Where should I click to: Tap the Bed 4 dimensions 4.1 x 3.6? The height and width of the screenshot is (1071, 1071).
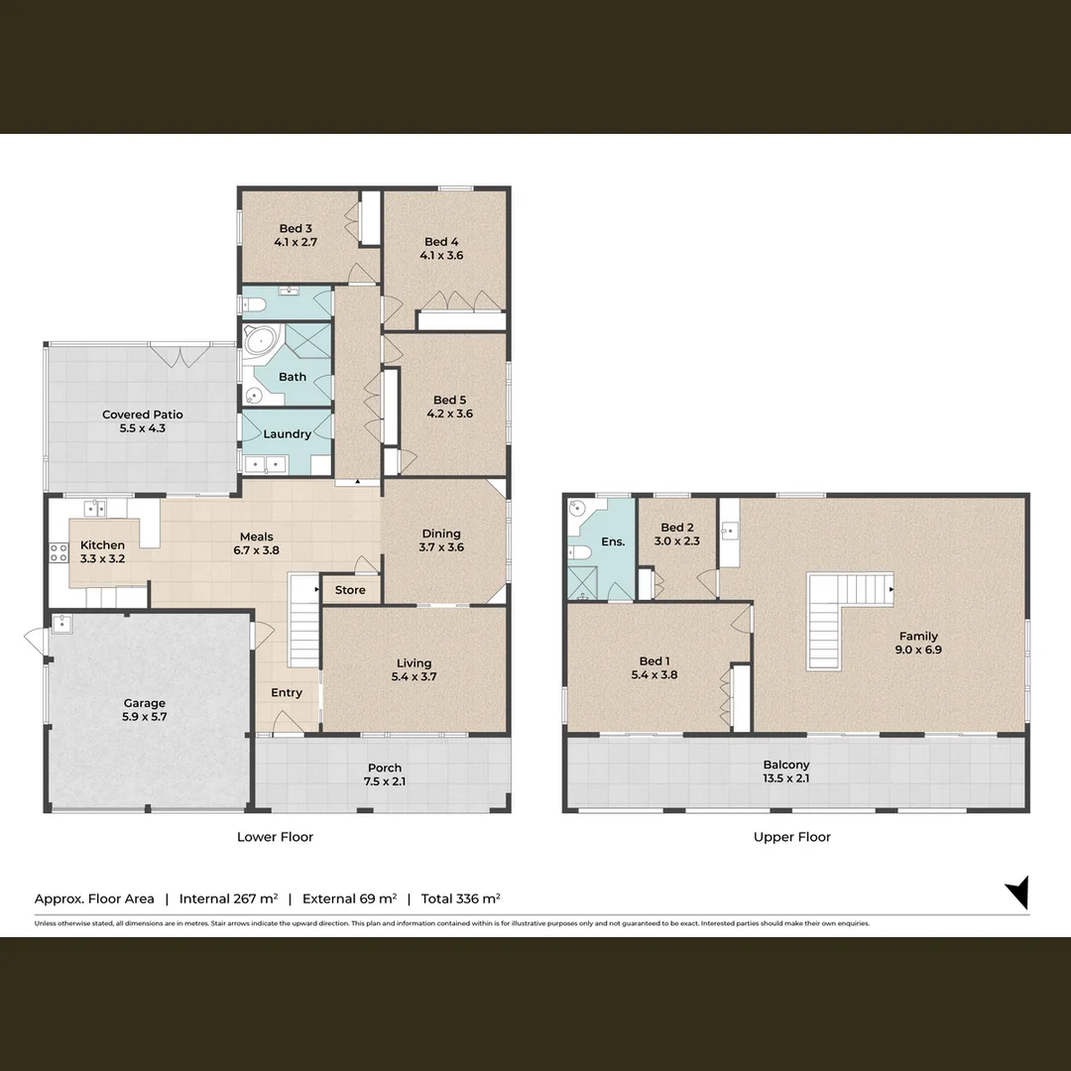pos(441,255)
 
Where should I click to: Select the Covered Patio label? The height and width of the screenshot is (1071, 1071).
pos(142,415)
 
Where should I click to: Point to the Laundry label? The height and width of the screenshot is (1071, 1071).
pos(287,433)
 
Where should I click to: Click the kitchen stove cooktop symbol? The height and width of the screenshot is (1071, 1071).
pos(59,553)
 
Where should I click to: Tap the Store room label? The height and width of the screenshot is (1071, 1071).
pos(350,590)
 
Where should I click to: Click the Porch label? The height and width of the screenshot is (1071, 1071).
pos(385,768)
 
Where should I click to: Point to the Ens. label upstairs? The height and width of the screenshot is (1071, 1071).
pos(613,541)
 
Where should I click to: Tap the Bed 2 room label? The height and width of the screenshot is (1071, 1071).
pos(677,528)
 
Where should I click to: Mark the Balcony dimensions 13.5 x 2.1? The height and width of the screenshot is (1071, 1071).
pos(786,778)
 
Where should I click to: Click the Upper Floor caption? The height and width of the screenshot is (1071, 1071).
pos(791,837)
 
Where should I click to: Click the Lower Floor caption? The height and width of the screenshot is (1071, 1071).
pos(275,837)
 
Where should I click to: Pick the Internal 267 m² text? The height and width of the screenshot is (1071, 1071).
pos(228,898)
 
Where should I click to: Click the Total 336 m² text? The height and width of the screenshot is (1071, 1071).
pos(460,898)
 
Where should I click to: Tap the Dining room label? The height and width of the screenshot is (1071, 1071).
pos(441,534)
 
